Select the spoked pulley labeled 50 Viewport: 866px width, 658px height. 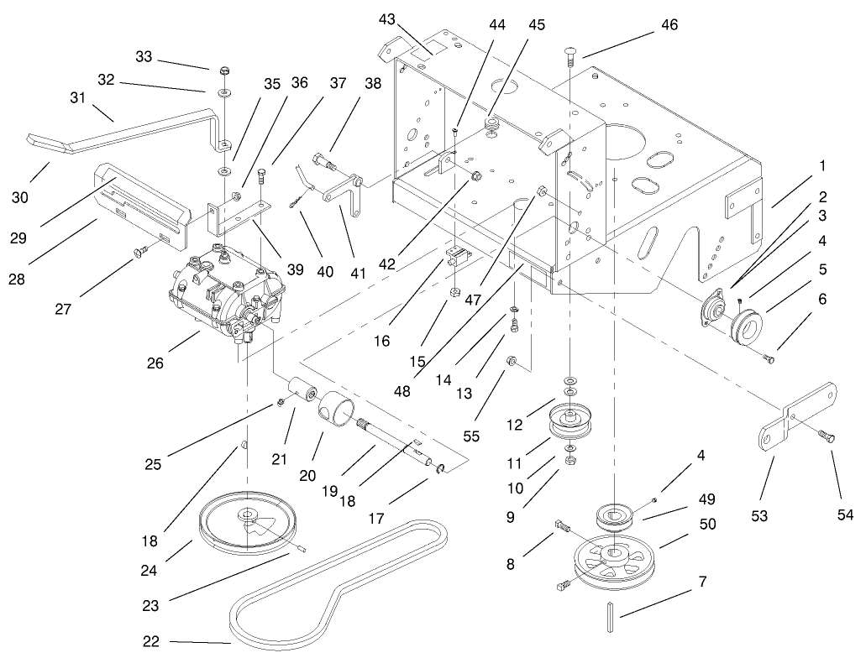(614, 563)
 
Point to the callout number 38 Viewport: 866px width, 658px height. (373, 84)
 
